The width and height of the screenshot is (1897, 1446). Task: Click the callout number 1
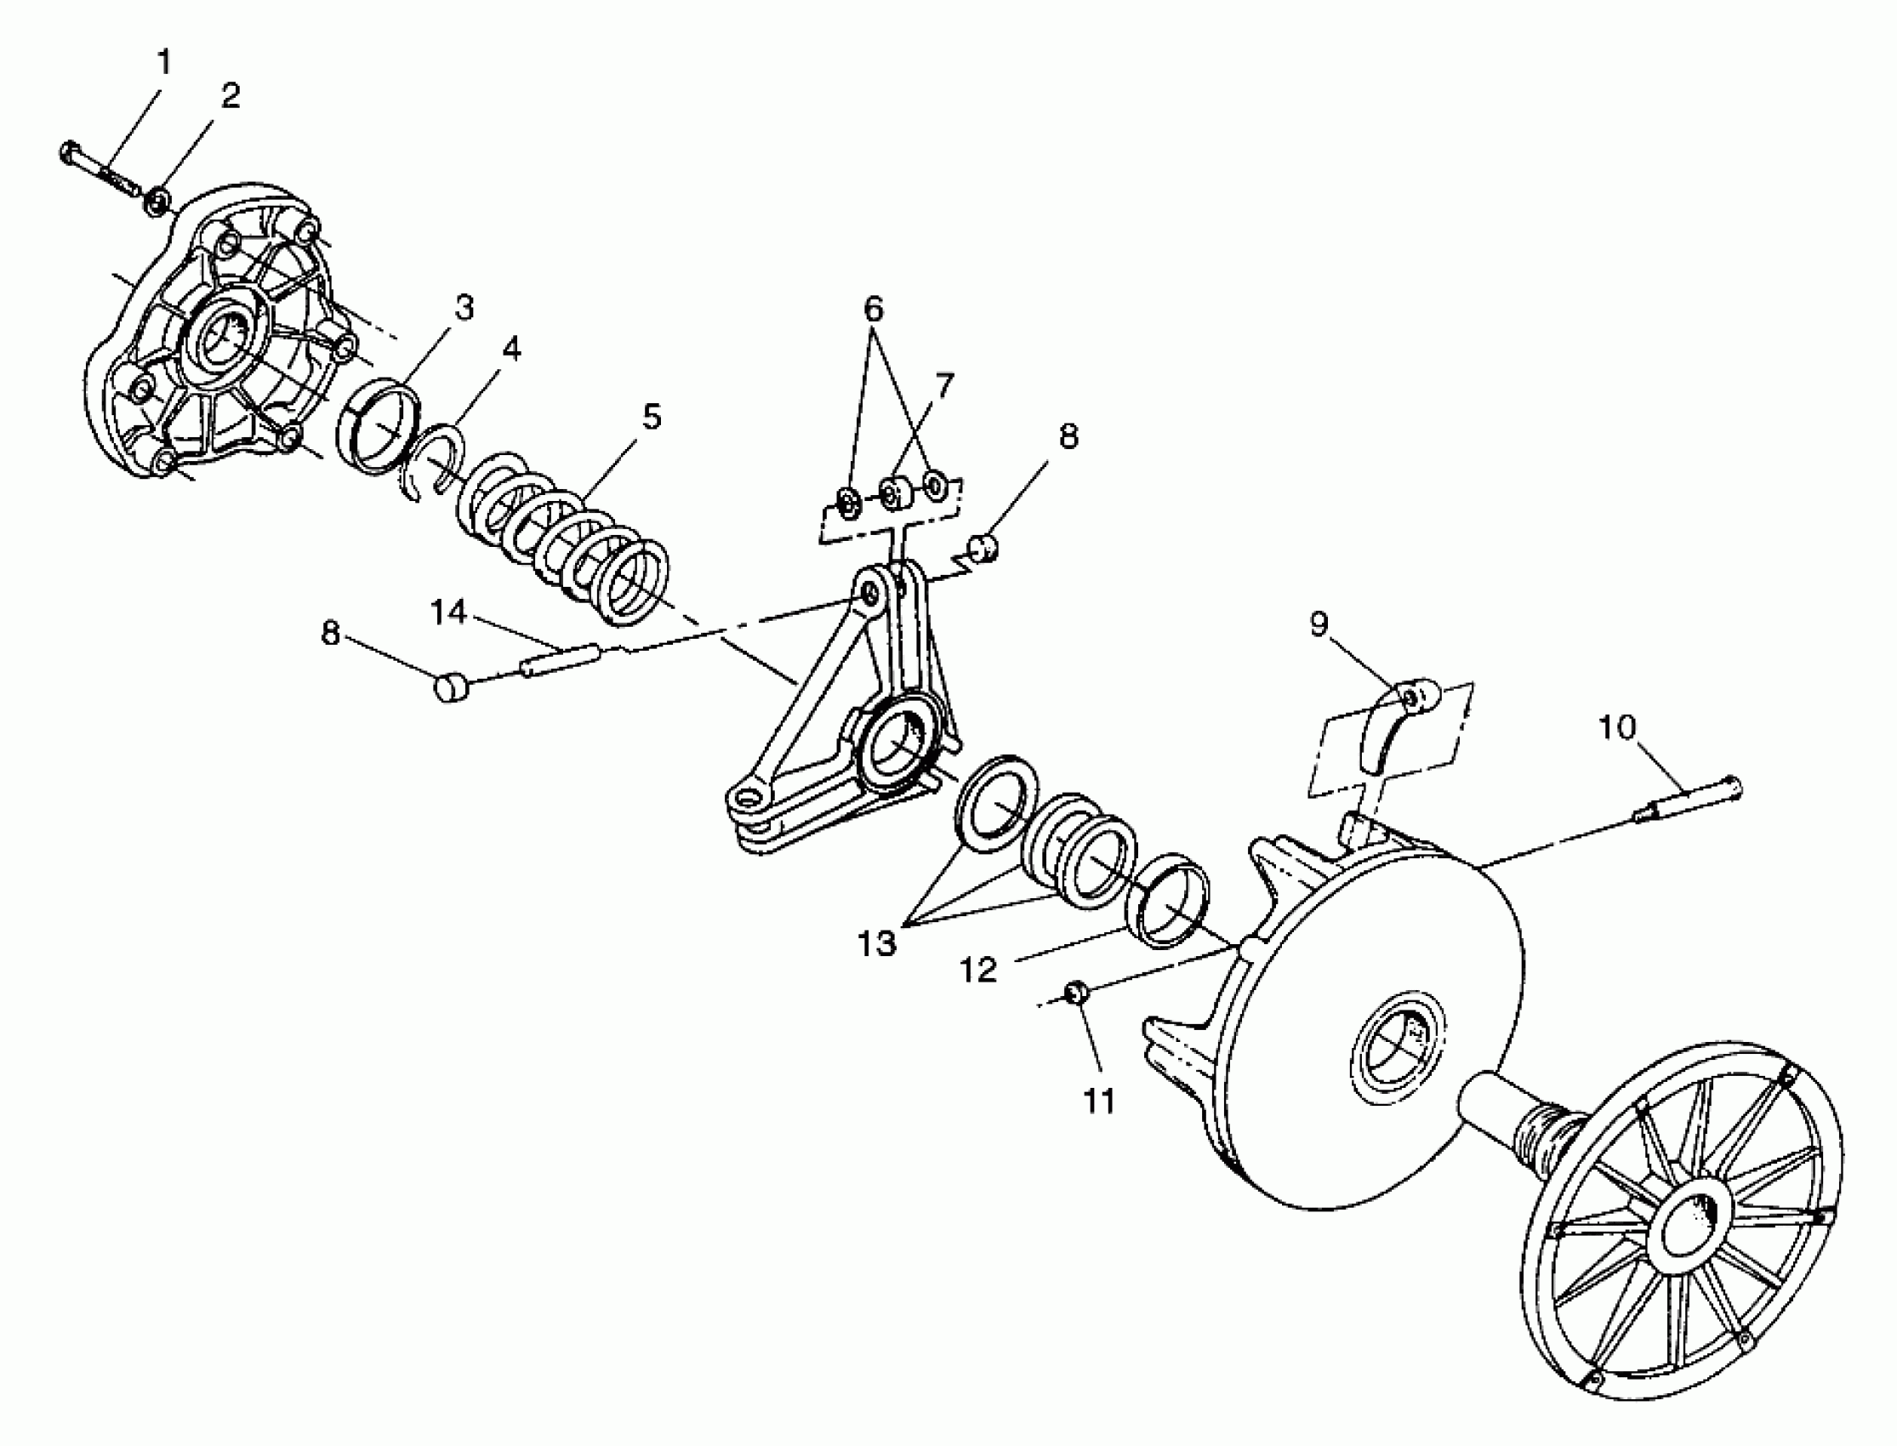tap(162, 62)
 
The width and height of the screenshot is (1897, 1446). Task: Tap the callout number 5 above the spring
tap(652, 417)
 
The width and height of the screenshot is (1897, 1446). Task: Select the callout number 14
tap(448, 612)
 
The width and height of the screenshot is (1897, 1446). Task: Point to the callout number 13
tap(877, 944)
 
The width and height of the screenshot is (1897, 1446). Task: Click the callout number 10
tap(1616, 728)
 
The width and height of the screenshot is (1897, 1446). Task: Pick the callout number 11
tap(1099, 1100)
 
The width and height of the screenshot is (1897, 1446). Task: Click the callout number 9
tap(1319, 624)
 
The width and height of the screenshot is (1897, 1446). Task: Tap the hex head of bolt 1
tap(71, 153)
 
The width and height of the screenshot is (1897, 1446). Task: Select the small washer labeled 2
tap(157, 204)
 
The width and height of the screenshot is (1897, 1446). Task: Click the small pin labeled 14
tap(561, 660)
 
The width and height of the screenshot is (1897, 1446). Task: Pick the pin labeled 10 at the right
tap(1687, 800)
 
